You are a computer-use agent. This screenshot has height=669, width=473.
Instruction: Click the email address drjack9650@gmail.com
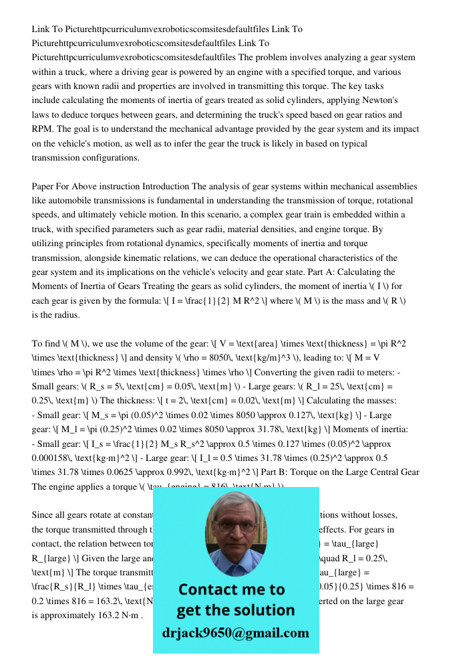[x=235, y=633]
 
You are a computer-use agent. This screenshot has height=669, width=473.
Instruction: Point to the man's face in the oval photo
[x=234, y=529]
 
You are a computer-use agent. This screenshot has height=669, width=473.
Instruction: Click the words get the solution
[x=235, y=609]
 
